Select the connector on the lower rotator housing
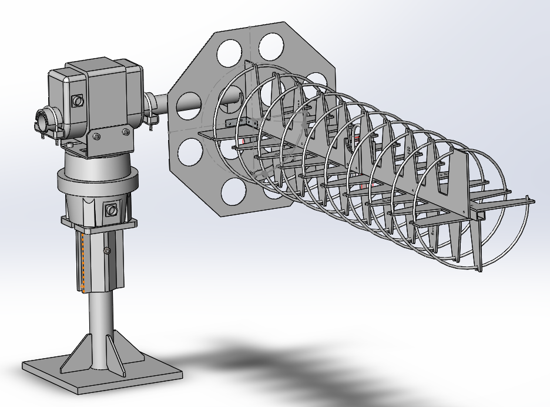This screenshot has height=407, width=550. click(x=110, y=209)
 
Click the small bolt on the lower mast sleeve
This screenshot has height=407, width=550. click(x=107, y=252)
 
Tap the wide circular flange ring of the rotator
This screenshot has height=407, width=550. click(x=97, y=179)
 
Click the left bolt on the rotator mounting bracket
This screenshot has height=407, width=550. click(x=96, y=136)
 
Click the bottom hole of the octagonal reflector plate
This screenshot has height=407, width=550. click(x=233, y=189)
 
